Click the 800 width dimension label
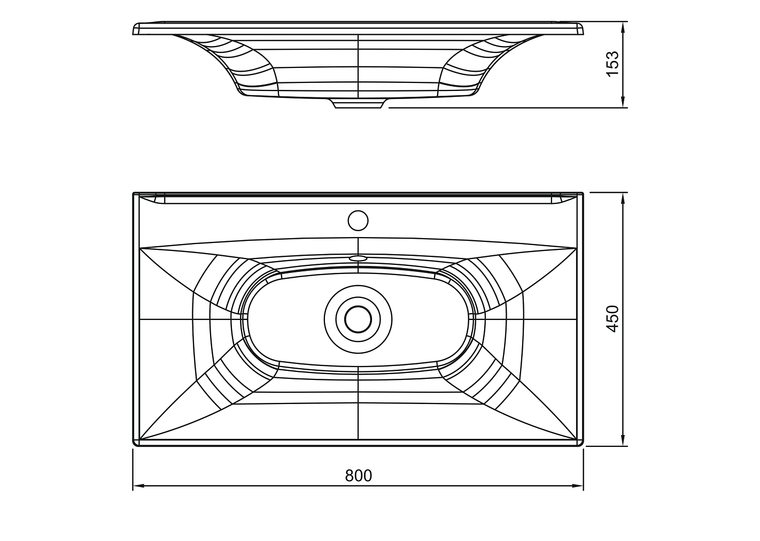(x=358, y=476)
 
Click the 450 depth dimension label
(x=612, y=319)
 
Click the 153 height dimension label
(x=612, y=64)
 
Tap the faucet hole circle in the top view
(x=358, y=220)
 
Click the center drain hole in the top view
(x=358, y=319)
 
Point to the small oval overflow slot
(x=358, y=258)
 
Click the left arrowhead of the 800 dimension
(x=138, y=486)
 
